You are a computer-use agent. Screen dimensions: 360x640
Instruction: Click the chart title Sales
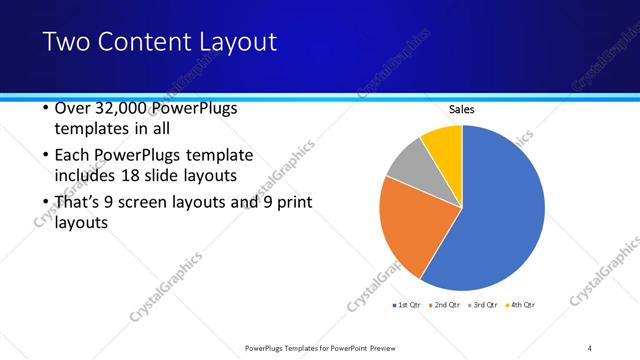(x=461, y=109)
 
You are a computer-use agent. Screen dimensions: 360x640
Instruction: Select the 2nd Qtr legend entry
(x=443, y=304)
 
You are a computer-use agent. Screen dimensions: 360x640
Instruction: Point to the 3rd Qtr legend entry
(x=482, y=304)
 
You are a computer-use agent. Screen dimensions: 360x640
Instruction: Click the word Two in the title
(x=64, y=42)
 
